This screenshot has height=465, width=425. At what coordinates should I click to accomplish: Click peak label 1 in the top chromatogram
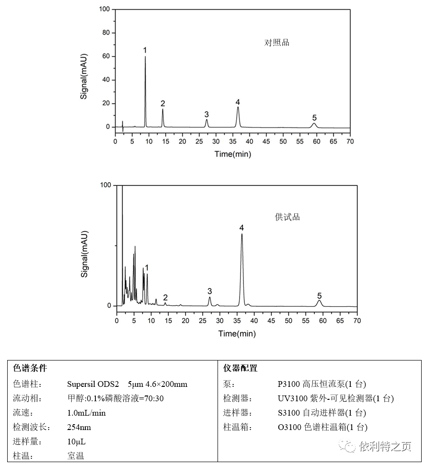pyautogui.click(x=145, y=50)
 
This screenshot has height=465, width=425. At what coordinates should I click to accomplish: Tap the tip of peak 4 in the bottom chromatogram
pyautogui.click(x=242, y=234)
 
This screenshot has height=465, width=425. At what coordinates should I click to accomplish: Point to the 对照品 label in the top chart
pyautogui.click(x=277, y=43)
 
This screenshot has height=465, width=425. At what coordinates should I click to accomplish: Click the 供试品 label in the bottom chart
pyautogui.click(x=287, y=217)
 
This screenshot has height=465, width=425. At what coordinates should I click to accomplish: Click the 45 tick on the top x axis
pyautogui.click(x=266, y=142)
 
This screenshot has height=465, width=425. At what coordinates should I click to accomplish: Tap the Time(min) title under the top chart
pyautogui.click(x=232, y=154)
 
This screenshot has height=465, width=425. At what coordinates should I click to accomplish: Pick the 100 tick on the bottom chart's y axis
pyautogui.click(x=105, y=186)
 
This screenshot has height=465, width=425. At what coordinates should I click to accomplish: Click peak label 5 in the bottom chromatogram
pyautogui.click(x=319, y=296)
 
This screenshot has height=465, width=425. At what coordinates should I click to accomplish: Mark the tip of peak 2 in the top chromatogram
pyautogui.click(x=163, y=109)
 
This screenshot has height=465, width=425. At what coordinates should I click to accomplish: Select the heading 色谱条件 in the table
pyautogui.click(x=30, y=368)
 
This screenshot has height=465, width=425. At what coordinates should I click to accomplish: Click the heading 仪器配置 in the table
pyautogui.click(x=241, y=368)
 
